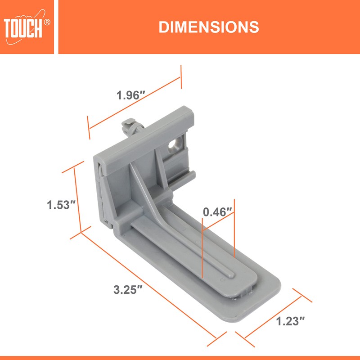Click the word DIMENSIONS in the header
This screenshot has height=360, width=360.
click(x=209, y=27)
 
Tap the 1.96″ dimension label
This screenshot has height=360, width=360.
click(x=130, y=95)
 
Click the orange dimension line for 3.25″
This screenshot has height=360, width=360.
click(x=148, y=285)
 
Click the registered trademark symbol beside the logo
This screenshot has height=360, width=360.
click(x=48, y=21)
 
